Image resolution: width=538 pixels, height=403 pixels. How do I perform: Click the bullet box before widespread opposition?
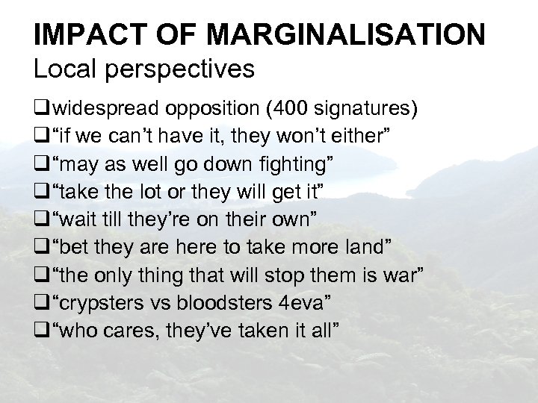coord(41,110)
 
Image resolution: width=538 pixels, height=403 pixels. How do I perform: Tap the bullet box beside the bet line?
coord(41,246)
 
